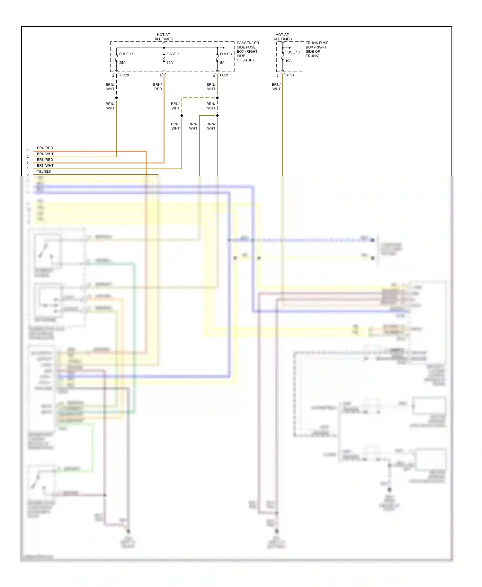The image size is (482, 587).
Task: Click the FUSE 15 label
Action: [x=126, y=54]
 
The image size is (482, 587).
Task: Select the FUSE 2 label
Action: [x=173, y=54]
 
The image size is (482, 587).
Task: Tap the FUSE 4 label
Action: [x=226, y=54]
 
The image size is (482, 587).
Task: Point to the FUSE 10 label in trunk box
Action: [x=292, y=52]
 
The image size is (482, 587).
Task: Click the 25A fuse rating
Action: [x=122, y=63]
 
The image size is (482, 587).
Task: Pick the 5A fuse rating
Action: [x=222, y=63]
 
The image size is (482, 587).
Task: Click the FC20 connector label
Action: [x=124, y=75]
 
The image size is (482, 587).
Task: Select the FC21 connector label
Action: [x=224, y=75]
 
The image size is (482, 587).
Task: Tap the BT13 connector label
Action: [x=289, y=75]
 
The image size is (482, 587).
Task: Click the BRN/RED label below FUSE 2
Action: [x=158, y=87]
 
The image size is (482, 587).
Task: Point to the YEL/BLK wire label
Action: [x=44, y=171]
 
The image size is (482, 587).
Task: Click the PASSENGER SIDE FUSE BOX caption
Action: [x=247, y=51]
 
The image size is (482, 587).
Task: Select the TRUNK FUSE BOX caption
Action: [x=317, y=49]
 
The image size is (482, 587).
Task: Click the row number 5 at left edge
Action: [x=28, y=174]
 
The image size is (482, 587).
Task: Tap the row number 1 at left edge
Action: [x=28, y=151]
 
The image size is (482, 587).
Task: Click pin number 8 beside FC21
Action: [x=214, y=76]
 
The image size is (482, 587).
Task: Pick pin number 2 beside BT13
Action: [x=277, y=76]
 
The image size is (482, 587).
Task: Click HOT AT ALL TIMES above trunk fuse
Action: [x=282, y=37]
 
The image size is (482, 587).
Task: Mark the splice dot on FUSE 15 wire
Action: [x=116, y=98]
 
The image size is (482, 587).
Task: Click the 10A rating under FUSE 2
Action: [x=170, y=63]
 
